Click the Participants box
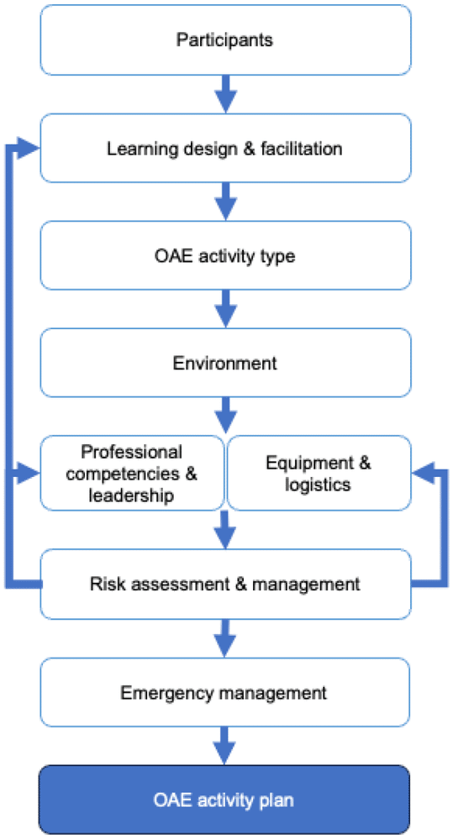click(x=225, y=40)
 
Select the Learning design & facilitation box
click(x=225, y=148)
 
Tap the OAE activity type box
click(x=225, y=256)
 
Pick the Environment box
click(x=225, y=363)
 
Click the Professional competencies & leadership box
click(x=132, y=473)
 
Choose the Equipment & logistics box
click(x=319, y=473)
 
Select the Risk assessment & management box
click(x=225, y=584)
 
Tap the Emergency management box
click(x=225, y=692)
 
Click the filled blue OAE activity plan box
click(x=224, y=800)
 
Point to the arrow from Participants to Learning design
click(x=225, y=94)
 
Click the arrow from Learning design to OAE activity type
click(x=225, y=202)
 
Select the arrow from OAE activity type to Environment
click(x=225, y=309)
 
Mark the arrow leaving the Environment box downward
click(x=225, y=416)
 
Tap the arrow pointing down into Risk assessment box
click(x=224, y=530)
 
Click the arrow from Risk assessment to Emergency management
click(x=224, y=638)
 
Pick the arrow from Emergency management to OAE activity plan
click(x=224, y=746)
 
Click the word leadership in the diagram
click(x=131, y=496)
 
